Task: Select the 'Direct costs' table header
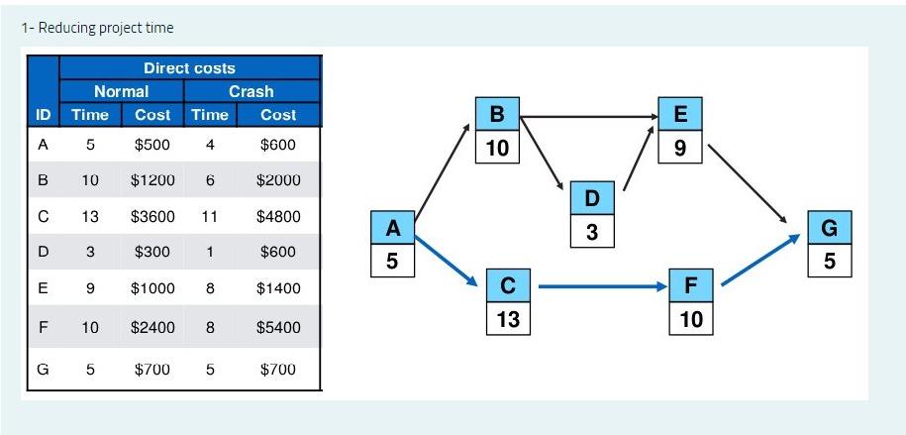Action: (189, 68)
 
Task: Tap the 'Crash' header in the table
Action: (251, 91)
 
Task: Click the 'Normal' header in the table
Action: (121, 91)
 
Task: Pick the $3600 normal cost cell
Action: (152, 216)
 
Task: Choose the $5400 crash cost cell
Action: (277, 327)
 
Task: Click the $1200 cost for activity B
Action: (152, 180)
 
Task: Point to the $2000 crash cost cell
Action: (277, 180)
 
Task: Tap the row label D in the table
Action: (43, 252)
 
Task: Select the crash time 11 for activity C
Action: (209, 216)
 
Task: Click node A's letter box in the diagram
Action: (393, 228)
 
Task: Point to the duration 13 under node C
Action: (508, 319)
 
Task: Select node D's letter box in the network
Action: (591, 199)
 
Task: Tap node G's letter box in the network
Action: (829, 228)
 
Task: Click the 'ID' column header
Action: (43, 115)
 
